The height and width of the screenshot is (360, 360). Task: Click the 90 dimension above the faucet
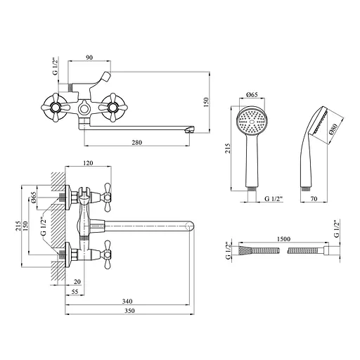(x=89, y=58)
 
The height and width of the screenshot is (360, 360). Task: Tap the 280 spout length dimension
(x=137, y=142)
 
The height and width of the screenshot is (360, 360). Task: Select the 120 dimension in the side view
(x=88, y=162)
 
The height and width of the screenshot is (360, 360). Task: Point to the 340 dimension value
(x=127, y=301)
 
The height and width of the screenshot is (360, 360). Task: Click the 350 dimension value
(x=129, y=311)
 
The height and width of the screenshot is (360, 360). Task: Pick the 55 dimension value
(x=75, y=292)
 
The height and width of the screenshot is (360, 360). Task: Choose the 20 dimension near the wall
(x=77, y=282)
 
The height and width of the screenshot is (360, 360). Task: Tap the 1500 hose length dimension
(x=283, y=239)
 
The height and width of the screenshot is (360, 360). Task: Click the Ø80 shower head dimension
(x=333, y=129)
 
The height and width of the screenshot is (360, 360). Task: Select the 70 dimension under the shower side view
(x=314, y=199)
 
